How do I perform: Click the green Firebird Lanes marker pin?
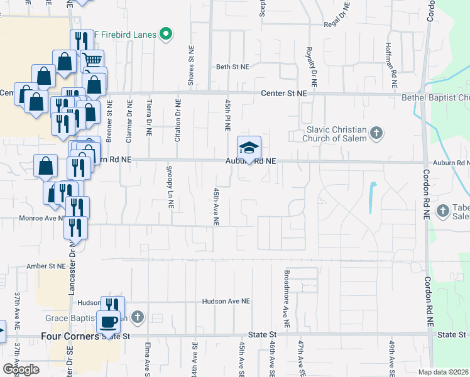(x=166, y=33)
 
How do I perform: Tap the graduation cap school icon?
(x=249, y=148)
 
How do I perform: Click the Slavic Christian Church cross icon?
(x=376, y=133)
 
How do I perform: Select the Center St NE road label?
(x=285, y=93)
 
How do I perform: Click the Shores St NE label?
(x=192, y=65)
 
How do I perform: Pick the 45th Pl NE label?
(x=227, y=114)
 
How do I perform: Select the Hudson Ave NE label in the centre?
(x=226, y=302)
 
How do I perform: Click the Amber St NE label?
(x=46, y=266)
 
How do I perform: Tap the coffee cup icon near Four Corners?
(x=108, y=322)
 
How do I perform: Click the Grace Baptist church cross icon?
(x=138, y=315)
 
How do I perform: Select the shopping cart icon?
(x=92, y=61)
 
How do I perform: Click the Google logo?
(x=20, y=369)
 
